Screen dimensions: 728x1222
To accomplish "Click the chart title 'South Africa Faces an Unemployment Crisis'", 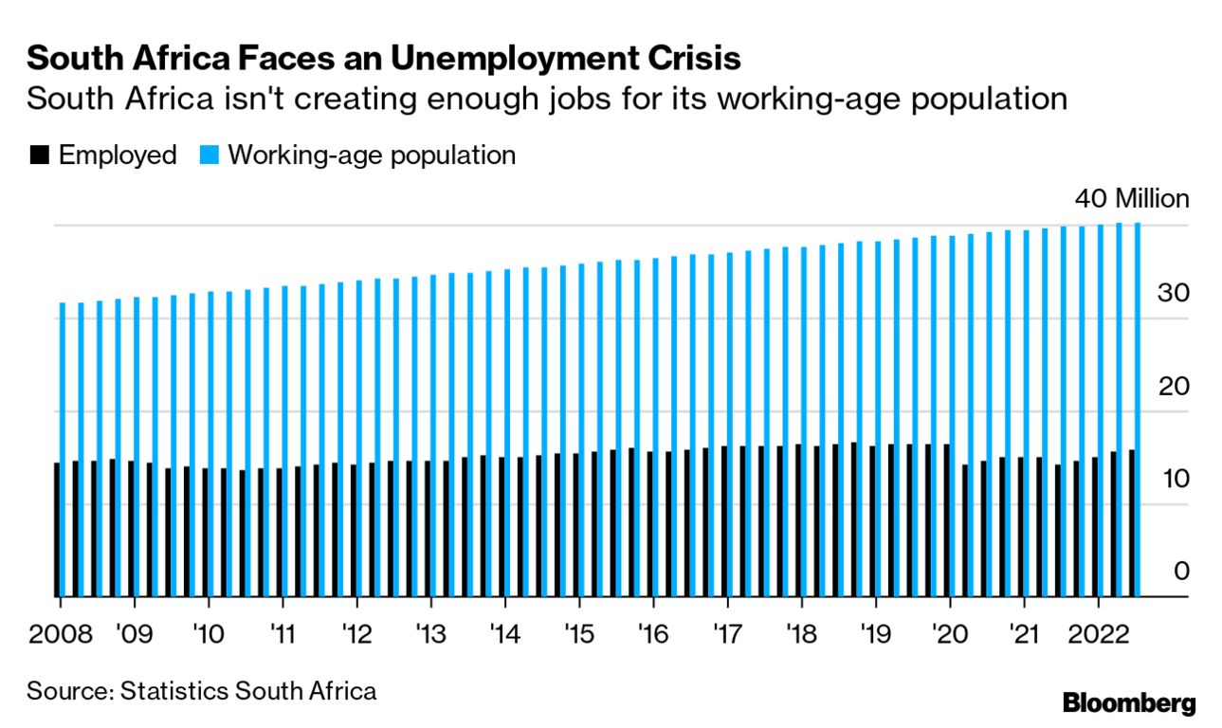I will [383, 59].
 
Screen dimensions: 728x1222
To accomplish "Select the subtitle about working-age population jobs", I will [547, 99].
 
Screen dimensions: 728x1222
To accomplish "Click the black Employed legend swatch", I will [39, 155].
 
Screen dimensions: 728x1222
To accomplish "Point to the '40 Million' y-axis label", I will [1131, 199].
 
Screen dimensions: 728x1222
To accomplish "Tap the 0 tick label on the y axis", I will [1180, 572].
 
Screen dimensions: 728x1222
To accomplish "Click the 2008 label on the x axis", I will [60, 632].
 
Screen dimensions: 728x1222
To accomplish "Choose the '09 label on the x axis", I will [134, 632].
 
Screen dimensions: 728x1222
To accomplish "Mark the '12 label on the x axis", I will [356, 632].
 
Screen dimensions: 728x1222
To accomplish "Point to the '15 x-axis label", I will [579, 632].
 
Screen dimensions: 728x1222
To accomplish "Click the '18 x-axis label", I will [801, 632].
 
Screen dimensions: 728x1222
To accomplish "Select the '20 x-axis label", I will [949, 632].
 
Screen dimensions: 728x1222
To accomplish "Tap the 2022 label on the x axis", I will [1098, 632].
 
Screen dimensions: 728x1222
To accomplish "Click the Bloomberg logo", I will [1129, 703].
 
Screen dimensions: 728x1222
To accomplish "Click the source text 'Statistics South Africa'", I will [248, 690].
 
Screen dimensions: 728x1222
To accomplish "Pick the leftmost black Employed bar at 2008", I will [57, 529].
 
